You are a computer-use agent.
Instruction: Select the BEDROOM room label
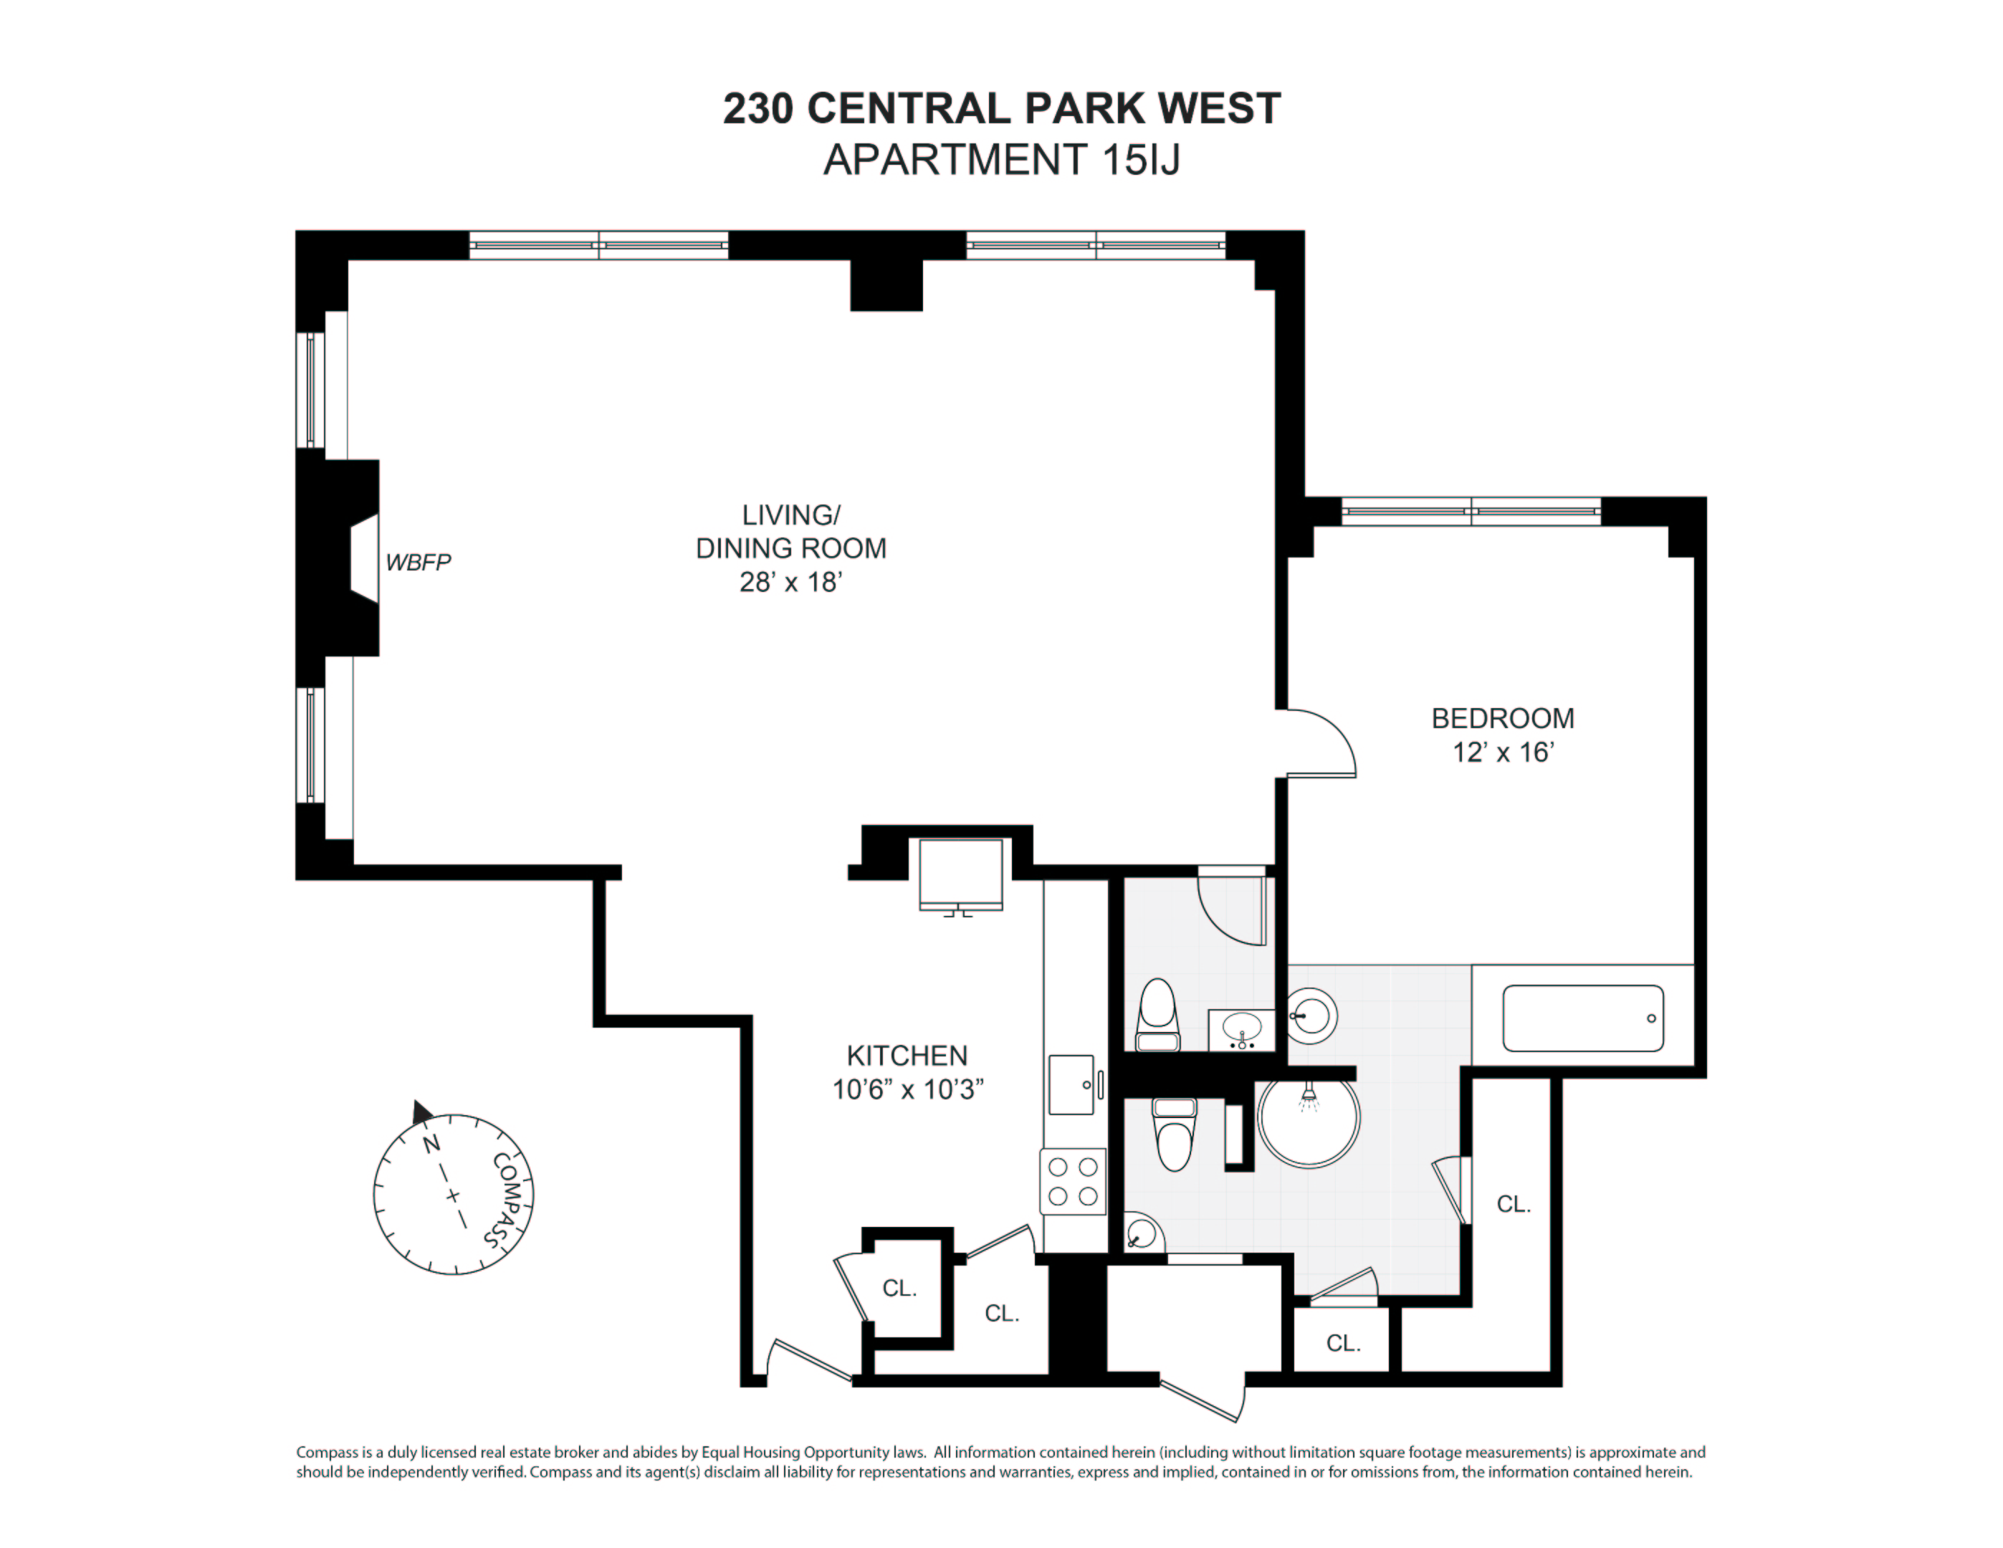(x=1502, y=718)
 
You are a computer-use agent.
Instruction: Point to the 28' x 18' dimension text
(x=790, y=583)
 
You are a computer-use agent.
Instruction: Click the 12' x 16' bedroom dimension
(x=1502, y=752)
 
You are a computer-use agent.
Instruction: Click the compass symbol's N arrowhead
(x=421, y=1112)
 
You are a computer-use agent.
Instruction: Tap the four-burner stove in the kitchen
(x=1073, y=1181)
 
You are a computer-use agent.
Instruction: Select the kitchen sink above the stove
(x=1071, y=1085)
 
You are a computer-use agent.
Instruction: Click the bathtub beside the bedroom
(x=1583, y=1018)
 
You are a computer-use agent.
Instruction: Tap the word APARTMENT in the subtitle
(x=954, y=160)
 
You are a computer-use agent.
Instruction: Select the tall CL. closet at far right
(x=1514, y=1204)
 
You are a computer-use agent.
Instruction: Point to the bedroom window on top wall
(x=1471, y=511)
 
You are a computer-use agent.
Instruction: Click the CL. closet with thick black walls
(x=899, y=1289)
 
